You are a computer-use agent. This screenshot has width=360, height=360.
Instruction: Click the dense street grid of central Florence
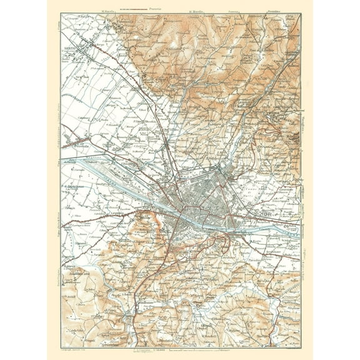206,200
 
